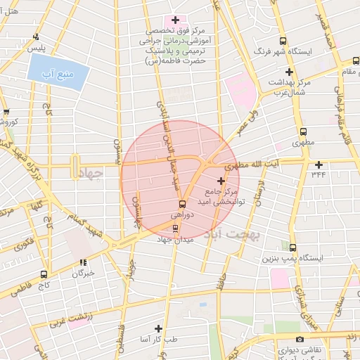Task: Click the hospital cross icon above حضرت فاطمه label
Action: pyautogui.click(x=175, y=20)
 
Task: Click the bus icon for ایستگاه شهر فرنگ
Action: pyautogui.click(x=283, y=41)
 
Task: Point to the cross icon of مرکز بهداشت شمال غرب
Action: pyautogui.click(x=289, y=72)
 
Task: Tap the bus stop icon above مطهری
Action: pyautogui.click(x=303, y=131)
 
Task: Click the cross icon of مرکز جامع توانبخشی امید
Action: pyautogui.click(x=221, y=181)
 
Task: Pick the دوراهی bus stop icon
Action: pyautogui.click(x=182, y=204)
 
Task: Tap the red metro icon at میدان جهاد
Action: pyautogui.click(x=176, y=229)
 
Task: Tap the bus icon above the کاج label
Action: pyautogui.click(x=44, y=274)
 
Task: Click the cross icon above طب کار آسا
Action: pyautogui.click(x=158, y=328)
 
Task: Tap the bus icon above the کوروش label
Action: pyautogui.click(x=6, y=112)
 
